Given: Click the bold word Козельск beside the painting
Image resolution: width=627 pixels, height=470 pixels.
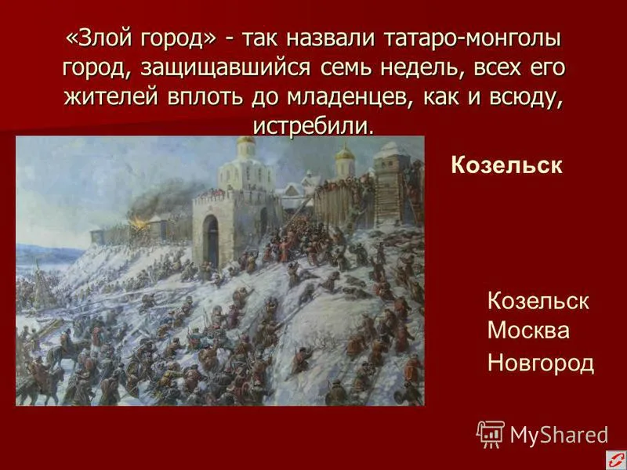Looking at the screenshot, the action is [506, 164].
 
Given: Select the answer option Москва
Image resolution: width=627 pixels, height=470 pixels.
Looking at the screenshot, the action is [528, 331].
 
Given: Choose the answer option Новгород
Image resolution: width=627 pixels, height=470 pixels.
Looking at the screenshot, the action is [541, 363].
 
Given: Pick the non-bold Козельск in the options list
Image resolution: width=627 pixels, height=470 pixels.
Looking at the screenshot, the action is [538, 301].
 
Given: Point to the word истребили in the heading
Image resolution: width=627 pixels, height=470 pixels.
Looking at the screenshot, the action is [313, 125].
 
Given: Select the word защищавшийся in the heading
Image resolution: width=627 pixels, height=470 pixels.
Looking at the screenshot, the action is [225, 68].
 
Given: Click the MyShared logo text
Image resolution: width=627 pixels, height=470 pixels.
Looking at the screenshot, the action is [559, 436].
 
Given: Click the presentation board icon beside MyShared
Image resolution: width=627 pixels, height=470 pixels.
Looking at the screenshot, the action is [491, 434].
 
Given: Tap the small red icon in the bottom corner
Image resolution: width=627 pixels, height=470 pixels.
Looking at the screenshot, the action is [616, 460].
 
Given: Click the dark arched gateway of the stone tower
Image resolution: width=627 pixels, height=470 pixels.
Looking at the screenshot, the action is [211, 241].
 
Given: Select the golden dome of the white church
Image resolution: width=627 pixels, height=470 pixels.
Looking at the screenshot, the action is [246, 140].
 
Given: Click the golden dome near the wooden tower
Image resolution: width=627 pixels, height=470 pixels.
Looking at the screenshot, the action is [345, 154].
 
